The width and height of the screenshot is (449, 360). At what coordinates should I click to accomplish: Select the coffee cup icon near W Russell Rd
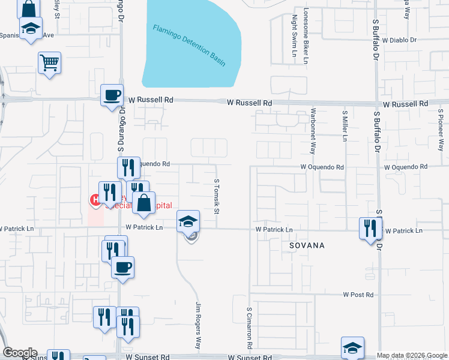tap(112, 95)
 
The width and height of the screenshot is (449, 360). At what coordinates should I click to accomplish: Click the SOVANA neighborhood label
tap(306, 246)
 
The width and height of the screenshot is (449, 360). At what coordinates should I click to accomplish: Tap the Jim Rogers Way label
tap(197, 326)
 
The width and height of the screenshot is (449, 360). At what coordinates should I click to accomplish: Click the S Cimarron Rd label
tap(249, 328)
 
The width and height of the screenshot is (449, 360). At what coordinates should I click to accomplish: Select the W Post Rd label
tap(358, 295)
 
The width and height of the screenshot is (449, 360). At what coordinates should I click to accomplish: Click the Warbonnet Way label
tap(313, 131)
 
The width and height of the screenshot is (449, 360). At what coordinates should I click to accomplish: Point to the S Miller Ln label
tap(345, 126)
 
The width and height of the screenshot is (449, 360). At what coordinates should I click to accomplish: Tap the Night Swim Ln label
tap(295, 35)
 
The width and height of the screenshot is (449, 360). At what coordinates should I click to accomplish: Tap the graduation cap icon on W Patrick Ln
tap(188, 221)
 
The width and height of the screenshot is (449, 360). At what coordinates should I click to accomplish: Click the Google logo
tap(19, 353)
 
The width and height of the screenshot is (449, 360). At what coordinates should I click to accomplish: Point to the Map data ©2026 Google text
tap(412, 355)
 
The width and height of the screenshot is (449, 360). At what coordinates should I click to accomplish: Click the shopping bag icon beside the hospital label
tap(144, 204)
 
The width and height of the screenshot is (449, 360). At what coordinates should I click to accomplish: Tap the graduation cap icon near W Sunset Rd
tap(352, 347)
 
